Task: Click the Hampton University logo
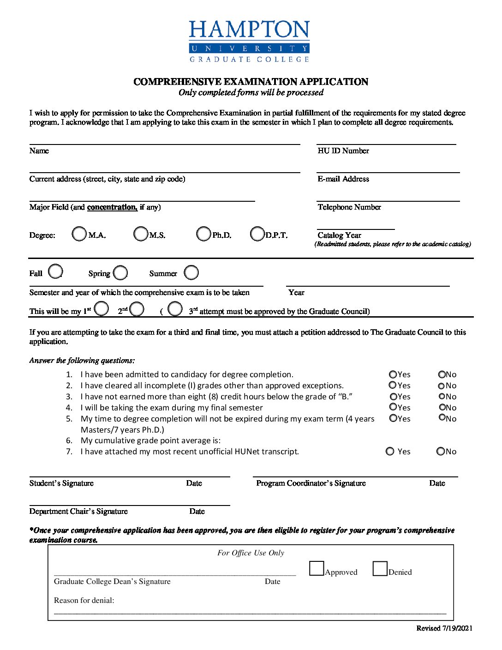point(249,41)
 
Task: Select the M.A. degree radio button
point(79,234)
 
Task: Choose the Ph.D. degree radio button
point(203,234)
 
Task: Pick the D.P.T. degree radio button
point(257,234)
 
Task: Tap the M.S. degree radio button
point(141,234)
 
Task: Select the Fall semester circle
point(55,271)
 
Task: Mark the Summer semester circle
point(191,272)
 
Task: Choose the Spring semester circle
point(120,272)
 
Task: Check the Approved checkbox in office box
point(317,569)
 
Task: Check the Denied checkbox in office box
point(380,569)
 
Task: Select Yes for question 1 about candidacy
point(393,374)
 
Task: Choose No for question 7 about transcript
point(441,451)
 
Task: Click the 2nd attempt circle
point(137,309)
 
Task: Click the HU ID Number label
point(343,151)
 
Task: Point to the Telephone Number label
point(349,207)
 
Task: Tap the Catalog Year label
point(339,235)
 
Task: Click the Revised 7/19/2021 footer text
point(444,628)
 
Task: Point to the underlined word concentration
point(112,207)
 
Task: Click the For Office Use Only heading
point(251,553)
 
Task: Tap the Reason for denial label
point(84,601)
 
